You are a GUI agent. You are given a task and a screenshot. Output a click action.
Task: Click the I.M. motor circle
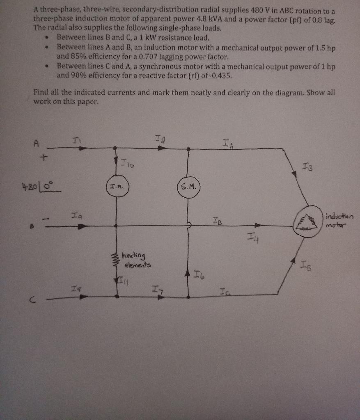click(117, 187)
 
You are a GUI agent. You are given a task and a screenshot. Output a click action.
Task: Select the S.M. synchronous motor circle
click(188, 188)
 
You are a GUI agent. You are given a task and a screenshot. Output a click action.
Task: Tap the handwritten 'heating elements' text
click(136, 260)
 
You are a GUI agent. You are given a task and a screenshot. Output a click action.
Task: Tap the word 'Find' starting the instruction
click(41, 93)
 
